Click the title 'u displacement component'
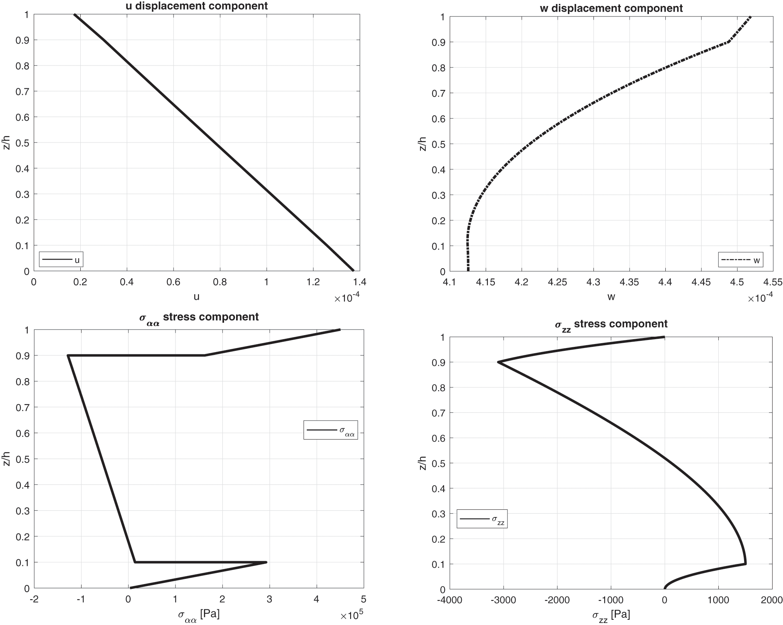(x=197, y=6)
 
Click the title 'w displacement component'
(x=611, y=8)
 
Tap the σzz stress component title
(x=611, y=324)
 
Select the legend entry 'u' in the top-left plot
(x=61, y=260)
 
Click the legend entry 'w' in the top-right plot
(x=740, y=260)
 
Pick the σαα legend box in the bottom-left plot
(x=330, y=430)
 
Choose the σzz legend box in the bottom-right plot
(x=482, y=519)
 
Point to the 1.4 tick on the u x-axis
(x=359, y=282)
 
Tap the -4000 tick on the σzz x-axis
(x=449, y=600)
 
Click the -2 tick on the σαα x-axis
(x=34, y=600)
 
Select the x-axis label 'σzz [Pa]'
(x=611, y=615)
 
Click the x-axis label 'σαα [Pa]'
(x=198, y=615)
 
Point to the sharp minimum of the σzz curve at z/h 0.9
(x=498, y=362)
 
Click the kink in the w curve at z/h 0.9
(x=728, y=42)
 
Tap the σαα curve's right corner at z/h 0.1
(x=266, y=562)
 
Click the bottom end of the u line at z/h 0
(x=353, y=271)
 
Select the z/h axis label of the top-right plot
(x=422, y=144)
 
